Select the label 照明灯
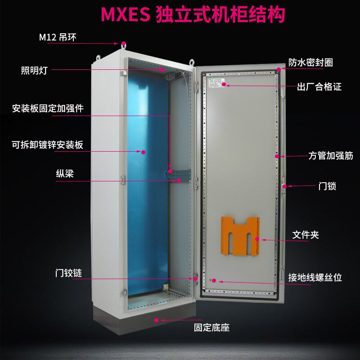[x=34, y=70]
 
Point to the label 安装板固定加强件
[x=48, y=108]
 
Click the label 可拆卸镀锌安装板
[x=47, y=145]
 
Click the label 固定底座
[x=211, y=328]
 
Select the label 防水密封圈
[x=310, y=63]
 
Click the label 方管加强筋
[x=330, y=156]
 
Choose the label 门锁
[x=327, y=186]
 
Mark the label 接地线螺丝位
[x=315, y=277]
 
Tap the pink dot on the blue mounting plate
[x=144, y=152]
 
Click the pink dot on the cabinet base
[x=157, y=320]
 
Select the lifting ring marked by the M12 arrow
[x=123, y=44]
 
